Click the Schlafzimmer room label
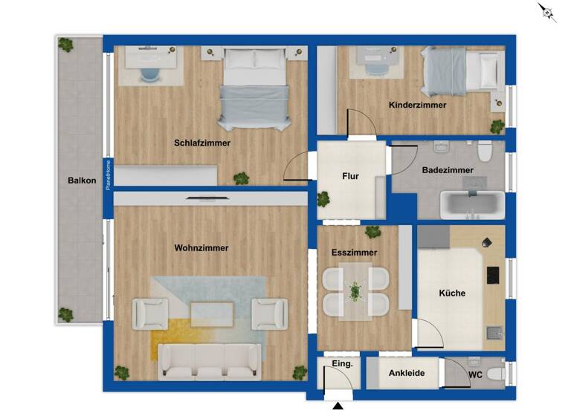click(x=202, y=143)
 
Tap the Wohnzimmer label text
click(x=201, y=248)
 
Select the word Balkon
click(x=82, y=181)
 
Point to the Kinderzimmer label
click(x=417, y=105)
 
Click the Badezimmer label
click(x=448, y=170)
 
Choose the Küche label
click(x=451, y=293)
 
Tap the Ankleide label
click(x=407, y=373)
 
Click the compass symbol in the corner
click(x=547, y=12)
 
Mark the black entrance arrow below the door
click(x=338, y=406)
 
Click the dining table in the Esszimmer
click(x=355, y=292)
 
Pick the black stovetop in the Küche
click(x=492, y=275)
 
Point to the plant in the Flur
click(x=323, y=198)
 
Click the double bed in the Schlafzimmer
click(x=254, y=88)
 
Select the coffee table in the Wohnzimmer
click(x=212, y=313)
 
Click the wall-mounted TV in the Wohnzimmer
click(x=209, y=198)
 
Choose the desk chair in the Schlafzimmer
click(x=149, y=74)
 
